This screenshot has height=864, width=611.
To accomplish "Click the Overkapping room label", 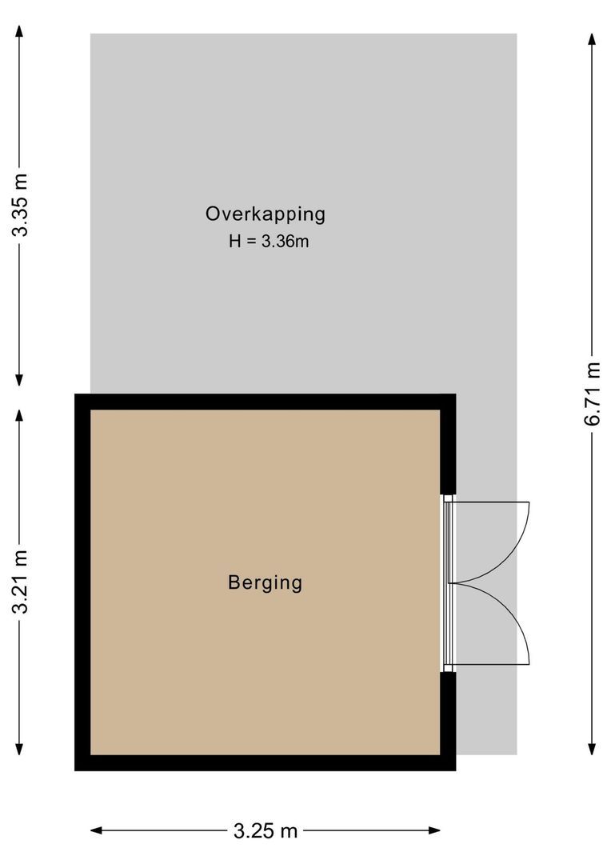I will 266,214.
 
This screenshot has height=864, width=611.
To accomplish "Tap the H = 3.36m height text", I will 269,241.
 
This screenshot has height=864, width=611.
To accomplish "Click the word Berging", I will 266,582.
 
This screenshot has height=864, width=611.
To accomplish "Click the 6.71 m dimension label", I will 592,394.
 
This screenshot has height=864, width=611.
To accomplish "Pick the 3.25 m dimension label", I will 266,831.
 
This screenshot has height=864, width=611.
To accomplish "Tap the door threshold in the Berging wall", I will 448,582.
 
